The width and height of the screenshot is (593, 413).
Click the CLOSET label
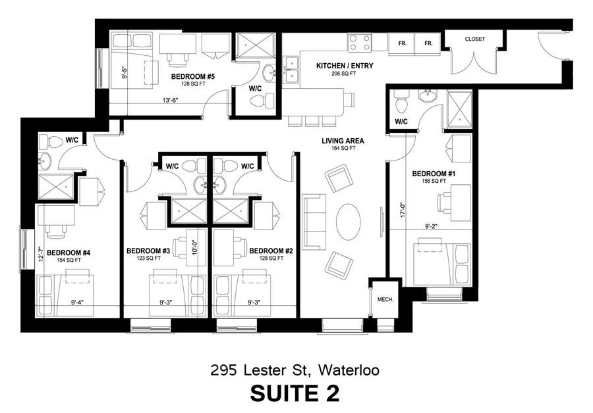[474, 39]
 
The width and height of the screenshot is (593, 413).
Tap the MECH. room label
[385, 299]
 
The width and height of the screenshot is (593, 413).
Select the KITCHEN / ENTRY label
[345, 66]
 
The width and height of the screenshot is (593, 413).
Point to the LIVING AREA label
[343, 141]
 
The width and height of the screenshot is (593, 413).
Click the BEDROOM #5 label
[193, 77]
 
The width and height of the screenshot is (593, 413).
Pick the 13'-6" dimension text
[170, 101]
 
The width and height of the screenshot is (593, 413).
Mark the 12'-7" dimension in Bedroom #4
[42, 253]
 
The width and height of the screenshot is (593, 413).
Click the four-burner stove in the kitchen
[360, 43]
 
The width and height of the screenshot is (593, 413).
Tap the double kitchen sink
[292, 70]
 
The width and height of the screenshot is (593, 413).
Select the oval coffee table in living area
[349, 222]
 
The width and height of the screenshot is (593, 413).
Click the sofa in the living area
[314, 222]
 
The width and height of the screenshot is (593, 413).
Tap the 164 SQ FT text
[343, 149]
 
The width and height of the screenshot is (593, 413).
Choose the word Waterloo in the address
[349, 370]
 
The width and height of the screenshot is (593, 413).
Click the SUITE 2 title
[295, 393]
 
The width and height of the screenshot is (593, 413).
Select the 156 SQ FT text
[434, 182]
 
